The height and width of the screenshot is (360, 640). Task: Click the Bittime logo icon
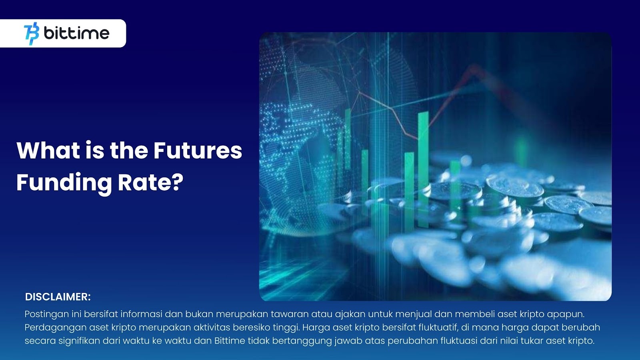tap(32, 34)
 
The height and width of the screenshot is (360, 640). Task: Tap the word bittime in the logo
tap(76, 33)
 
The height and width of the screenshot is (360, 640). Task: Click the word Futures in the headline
tap(198, 150)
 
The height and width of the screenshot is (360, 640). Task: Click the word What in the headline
tap(48, 150)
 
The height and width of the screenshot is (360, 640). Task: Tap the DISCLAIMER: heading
tap(58, 297)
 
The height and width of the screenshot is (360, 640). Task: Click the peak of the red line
tap(474, 66)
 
